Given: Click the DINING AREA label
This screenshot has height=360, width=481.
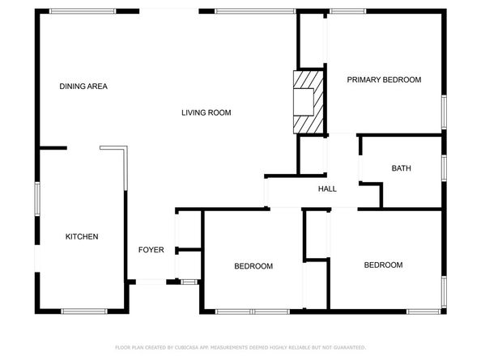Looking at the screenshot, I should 83,86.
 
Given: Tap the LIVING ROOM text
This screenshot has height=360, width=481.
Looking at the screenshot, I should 206,112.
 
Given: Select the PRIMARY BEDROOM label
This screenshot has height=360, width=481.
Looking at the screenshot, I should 384,79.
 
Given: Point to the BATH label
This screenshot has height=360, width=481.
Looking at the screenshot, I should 401,168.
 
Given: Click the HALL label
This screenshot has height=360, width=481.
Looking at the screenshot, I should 327,188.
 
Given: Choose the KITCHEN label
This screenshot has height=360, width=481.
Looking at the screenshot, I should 82,236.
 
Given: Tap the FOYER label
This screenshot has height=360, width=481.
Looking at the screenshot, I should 151,250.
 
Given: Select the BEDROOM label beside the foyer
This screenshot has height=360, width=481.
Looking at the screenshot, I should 253,266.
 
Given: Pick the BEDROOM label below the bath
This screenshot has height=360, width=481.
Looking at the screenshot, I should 383,265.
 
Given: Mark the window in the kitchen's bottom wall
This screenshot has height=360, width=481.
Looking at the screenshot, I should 83,311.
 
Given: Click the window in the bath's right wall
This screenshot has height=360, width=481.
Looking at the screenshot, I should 444,167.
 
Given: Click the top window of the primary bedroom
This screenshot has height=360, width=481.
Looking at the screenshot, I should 347,11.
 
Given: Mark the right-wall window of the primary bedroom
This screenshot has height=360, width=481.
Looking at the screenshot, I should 444,112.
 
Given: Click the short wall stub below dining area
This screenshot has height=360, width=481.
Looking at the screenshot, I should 53,148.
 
